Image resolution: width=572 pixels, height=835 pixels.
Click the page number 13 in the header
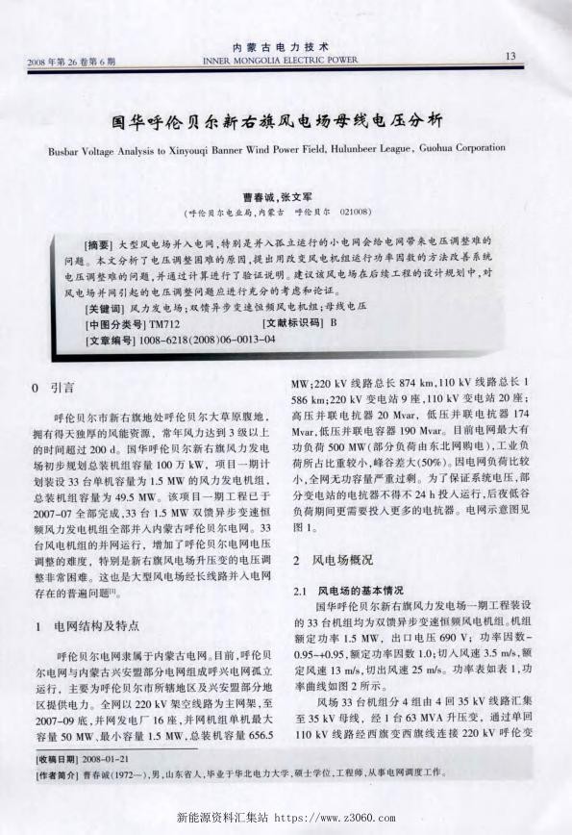point(510,56)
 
